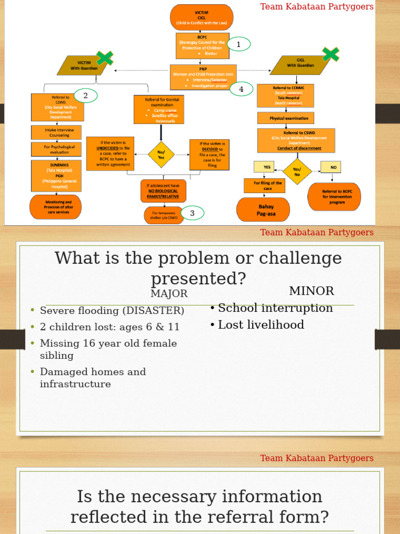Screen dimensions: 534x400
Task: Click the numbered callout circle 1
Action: pyautogui.click(x=239, y=45)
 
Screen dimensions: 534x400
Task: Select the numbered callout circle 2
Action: pyautogui.click(x=86, y=96)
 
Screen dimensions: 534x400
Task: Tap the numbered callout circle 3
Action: pyautogui.click(x=192, y=213)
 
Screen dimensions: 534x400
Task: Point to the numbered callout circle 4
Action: pyautogui.click(x=241, y=90)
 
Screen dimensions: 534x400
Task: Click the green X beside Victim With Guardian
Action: pyautogui.click(x=105, y=58)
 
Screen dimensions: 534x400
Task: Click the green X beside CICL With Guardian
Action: pyautogui.click(x=331, y=54)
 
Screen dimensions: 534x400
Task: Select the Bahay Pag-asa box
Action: pyautogui.click(x=263, y=210)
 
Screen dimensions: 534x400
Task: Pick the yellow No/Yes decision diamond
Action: pyautogui.click(x=161, y=154)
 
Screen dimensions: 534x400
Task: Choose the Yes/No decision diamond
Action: pyautogui.click(x=297, y=172)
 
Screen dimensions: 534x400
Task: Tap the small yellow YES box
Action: pyautogui.click(x=264, y=166)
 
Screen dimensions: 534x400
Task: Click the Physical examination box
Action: pyautogui.click(x=285, y=118)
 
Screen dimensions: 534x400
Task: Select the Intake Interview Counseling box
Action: pyautogui.click(x=56, y=132)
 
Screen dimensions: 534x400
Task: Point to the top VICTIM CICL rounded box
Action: pyautogui.click(x=202, y=17)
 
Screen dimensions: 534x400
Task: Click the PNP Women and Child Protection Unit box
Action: pyautogui.click(x=203, y=77)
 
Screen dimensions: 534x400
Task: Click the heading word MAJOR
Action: pyautogui.click(x=169, y=294)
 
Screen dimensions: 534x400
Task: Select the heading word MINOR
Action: pyautogui.click(x=311, y=291)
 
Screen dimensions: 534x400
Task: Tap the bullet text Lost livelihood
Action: pyautogui.click(x=260, y=325)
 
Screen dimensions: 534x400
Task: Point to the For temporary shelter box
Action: pyautogui.click(x=164, y=215)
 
